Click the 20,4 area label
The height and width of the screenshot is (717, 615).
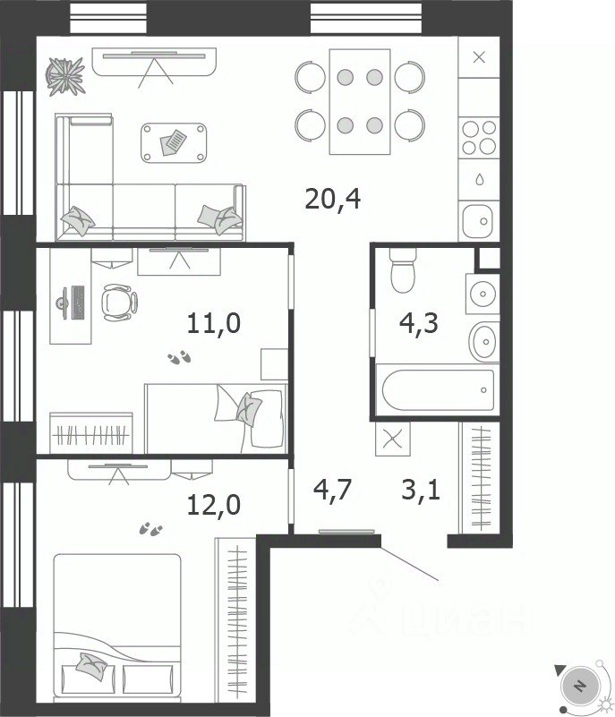(332, 200)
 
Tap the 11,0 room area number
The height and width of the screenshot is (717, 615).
(214, 323)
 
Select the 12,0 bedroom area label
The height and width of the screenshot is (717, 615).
(214, 505)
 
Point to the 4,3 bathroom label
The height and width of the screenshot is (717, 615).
(418, 323)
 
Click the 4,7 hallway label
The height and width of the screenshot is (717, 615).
(332, 489)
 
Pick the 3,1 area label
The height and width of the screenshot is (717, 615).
(421, 490)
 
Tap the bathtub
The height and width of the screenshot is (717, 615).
(438, 390)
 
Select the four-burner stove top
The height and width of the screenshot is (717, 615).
(479, 138)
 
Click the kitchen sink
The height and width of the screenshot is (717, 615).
(478, 221)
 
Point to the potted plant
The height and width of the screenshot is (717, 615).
(65, 76)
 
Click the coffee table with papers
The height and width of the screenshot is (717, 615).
(174, 142)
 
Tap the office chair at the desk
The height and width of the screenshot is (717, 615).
(119, 303)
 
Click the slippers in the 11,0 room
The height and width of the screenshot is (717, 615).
(179, 357)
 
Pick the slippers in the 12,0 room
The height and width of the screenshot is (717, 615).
(151, 529)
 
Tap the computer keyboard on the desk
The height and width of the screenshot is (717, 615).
(78, 303)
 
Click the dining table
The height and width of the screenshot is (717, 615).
(360, 101)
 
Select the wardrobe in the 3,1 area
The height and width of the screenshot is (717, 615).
(479, 478)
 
